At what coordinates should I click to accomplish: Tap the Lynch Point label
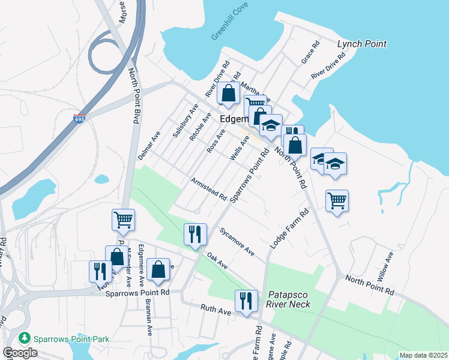point(361,44)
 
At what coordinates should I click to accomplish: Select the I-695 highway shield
point(79,119)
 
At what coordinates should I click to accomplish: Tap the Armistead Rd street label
point(208,188)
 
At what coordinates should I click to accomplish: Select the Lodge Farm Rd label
point(289,229)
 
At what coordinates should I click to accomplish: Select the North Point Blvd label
point(134,96)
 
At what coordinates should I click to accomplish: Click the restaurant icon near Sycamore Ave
point(194,233)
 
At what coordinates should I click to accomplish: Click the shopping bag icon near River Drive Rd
point(228,93)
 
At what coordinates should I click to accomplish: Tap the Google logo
point(20,353)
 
